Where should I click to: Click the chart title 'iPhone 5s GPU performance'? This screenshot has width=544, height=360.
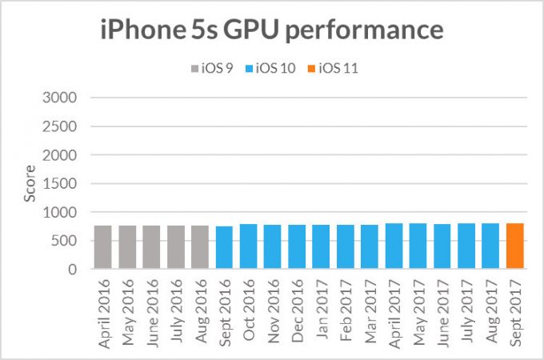click(272, 30)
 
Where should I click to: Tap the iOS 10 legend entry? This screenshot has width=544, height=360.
click(274, 67)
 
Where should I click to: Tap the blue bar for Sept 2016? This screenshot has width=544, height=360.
click(225, 248)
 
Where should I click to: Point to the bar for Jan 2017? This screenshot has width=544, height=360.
click(322, 247)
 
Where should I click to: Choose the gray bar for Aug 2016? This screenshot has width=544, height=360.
click(201, 247)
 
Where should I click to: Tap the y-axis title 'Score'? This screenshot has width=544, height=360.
click(29, 184)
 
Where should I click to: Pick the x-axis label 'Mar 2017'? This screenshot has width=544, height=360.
click(370, 309)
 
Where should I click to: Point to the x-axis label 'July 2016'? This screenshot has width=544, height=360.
click(177, 308)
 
